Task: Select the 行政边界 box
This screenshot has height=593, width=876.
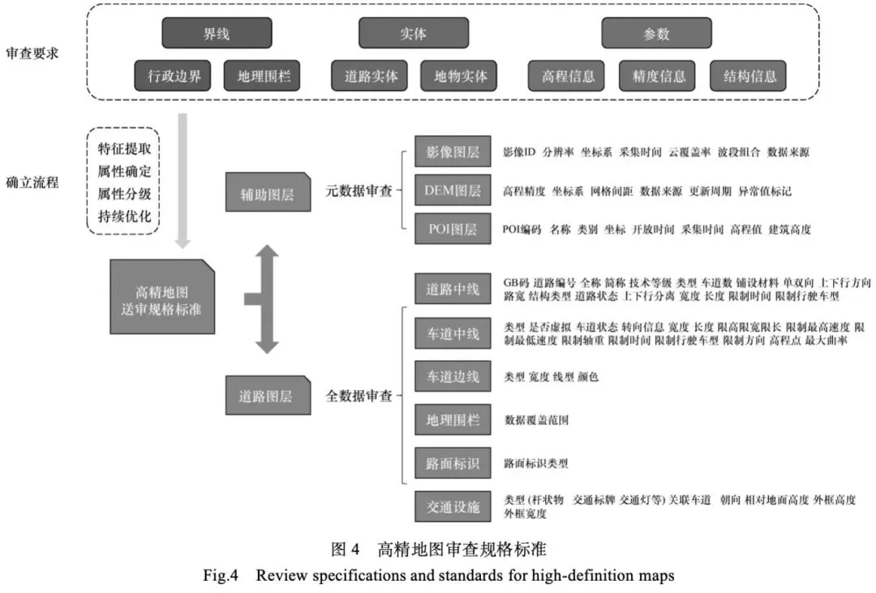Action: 174,77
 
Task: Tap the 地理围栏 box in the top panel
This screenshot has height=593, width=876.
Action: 264,77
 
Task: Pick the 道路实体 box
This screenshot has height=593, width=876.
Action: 371,77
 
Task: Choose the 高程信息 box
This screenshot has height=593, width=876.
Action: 567,77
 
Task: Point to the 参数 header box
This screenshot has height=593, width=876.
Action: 656,34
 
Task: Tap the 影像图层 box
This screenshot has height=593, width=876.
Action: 453,152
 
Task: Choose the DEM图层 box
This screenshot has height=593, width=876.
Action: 453,191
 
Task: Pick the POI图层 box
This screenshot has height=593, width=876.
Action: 453,230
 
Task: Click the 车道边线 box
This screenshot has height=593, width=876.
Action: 453,376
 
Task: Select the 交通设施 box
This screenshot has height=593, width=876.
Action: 453,508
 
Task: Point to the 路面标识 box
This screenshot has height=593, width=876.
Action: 453,464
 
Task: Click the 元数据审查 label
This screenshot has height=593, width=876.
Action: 359,192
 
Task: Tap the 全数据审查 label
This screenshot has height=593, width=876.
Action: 359,397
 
